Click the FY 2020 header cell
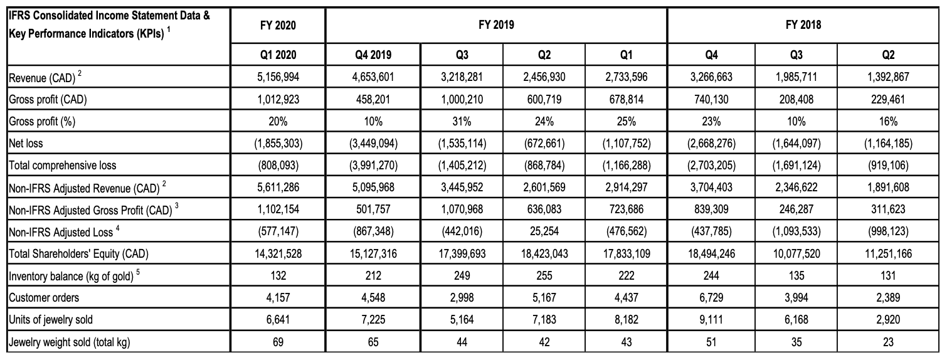click(278, 25)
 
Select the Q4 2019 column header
click(373, 54)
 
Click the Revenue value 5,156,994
click(278, 78)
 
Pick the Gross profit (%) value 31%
click(462, 122)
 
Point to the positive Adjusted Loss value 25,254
click(544, 231)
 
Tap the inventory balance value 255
click(544, 275)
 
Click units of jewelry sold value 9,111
click(711, 319)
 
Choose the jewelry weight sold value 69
click(278, 342)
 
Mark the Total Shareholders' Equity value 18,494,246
click(711, 253)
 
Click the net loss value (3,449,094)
click(373, 144)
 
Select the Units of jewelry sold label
click(50, 320)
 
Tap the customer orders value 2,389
click(887, 297)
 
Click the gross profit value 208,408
click(796, 100)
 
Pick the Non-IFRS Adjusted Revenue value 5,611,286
click(278, 188)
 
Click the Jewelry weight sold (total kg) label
click(68, 342)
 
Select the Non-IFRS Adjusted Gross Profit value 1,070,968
click(462, 209)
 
